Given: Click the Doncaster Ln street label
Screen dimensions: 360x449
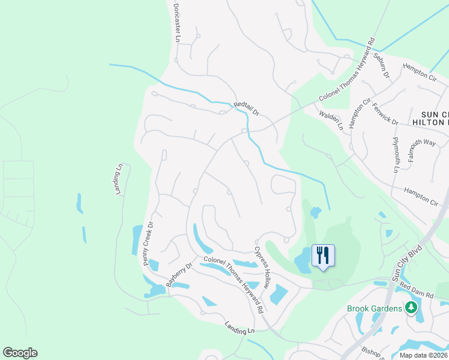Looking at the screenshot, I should pos(177,25).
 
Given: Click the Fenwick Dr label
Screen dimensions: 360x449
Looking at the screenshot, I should pos(385,113).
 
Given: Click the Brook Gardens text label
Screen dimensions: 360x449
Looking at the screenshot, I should pos(374,308).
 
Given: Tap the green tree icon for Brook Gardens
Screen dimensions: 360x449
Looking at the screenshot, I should pos(411,308).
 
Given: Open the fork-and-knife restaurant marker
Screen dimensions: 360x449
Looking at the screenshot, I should pos(323,256).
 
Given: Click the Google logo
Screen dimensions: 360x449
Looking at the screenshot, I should pos(20,353).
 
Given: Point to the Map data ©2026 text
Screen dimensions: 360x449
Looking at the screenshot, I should pos(423,355).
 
